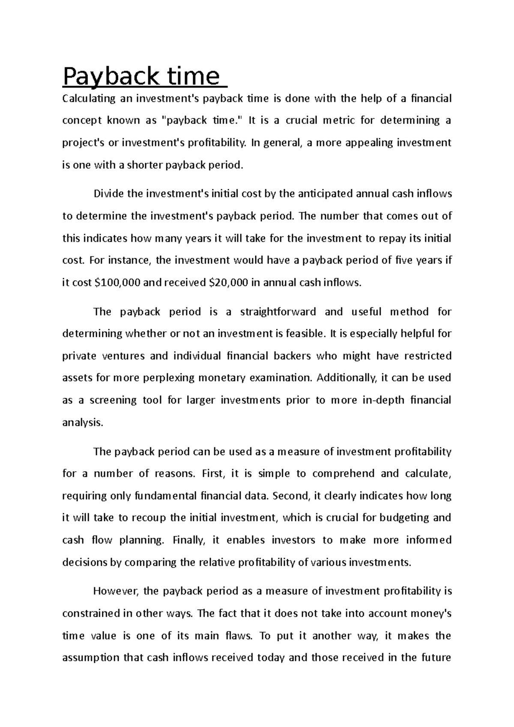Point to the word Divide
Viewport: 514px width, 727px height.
pos(108,194)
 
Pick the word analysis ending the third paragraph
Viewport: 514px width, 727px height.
pos(82,423)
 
